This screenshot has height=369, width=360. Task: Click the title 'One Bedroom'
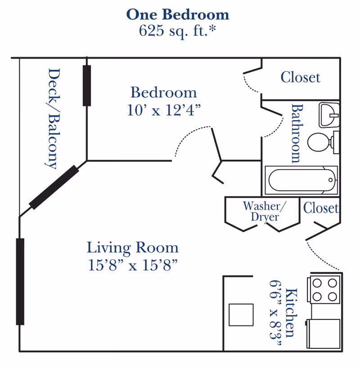coord(178,14)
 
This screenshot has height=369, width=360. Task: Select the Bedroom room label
coord(163,92)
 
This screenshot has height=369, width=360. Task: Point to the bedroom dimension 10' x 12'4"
coord(164,110)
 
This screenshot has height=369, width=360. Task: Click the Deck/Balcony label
coord(53,119)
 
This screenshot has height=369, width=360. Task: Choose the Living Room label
coord(133,248)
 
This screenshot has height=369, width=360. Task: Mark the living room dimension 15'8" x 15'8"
coord(133,265)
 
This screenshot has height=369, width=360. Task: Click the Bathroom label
coord(297,134)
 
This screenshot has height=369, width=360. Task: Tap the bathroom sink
coord(329,115)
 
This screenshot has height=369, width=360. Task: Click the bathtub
coord(301,180)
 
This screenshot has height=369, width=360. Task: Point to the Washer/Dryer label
coord(265,211)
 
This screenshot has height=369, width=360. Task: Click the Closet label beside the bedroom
coord(301,77)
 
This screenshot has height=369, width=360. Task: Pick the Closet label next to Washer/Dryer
coord(321,208)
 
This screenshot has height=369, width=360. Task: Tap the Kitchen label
coord(292,313)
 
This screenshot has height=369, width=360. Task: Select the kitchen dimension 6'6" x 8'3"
coord(275,313)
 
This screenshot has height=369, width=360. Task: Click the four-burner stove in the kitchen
coord(324,290)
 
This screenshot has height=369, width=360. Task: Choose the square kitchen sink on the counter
coord(241,315)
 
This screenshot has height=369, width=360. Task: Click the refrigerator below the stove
coord(323,334)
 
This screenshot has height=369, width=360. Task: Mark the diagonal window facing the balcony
coord(54,187)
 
